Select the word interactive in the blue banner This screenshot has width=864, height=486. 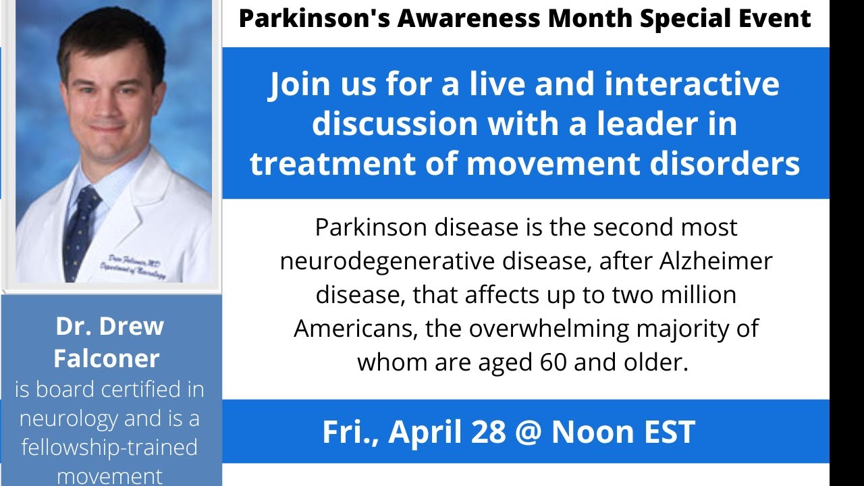(692, 85)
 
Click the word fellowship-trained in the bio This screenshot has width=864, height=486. (109, 448)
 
